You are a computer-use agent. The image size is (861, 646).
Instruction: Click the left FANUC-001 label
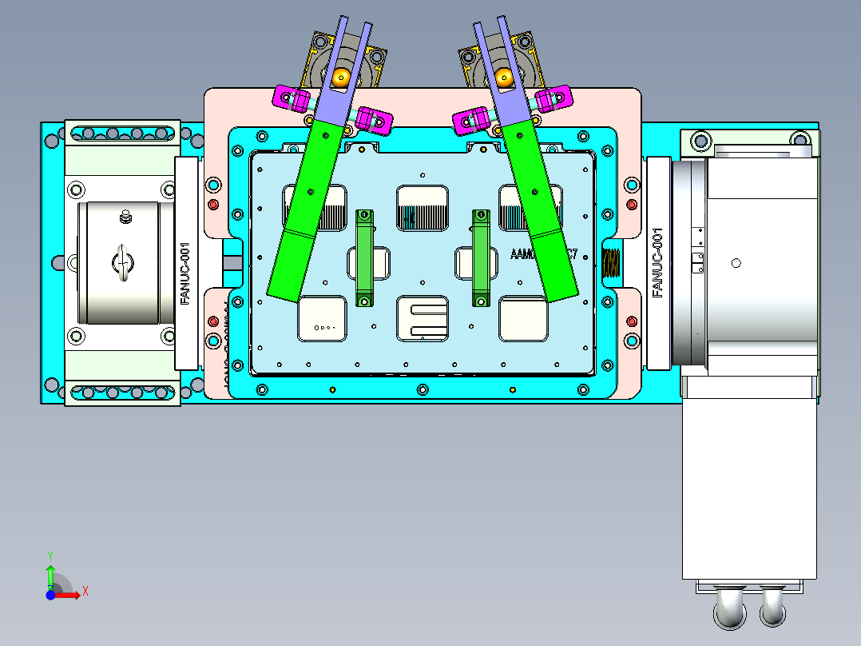coord(185,273)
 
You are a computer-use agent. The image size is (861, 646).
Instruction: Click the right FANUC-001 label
coord(658,262)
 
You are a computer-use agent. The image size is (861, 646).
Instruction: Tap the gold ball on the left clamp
coord(342,77)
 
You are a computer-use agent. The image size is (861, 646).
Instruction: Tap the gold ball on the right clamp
coord(504,77)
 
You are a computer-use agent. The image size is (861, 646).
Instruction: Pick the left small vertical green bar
coord(364,257)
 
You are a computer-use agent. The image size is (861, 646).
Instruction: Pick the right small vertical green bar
coord(481,257)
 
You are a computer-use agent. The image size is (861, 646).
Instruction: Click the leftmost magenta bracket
coord(292,98)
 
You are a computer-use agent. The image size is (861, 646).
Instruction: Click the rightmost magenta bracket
coord(554,98)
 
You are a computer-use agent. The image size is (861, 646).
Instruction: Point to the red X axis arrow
coord(72,592)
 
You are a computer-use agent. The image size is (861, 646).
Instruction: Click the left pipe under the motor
coord(729,609)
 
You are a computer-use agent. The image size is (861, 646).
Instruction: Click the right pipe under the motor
coord(772,608)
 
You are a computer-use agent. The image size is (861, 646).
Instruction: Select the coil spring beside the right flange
coord(610,262)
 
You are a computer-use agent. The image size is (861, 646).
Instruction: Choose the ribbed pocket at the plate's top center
coord(423,208)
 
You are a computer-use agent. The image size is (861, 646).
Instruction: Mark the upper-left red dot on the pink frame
coord(212,205)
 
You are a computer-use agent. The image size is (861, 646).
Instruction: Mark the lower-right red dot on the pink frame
coord(632,321)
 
